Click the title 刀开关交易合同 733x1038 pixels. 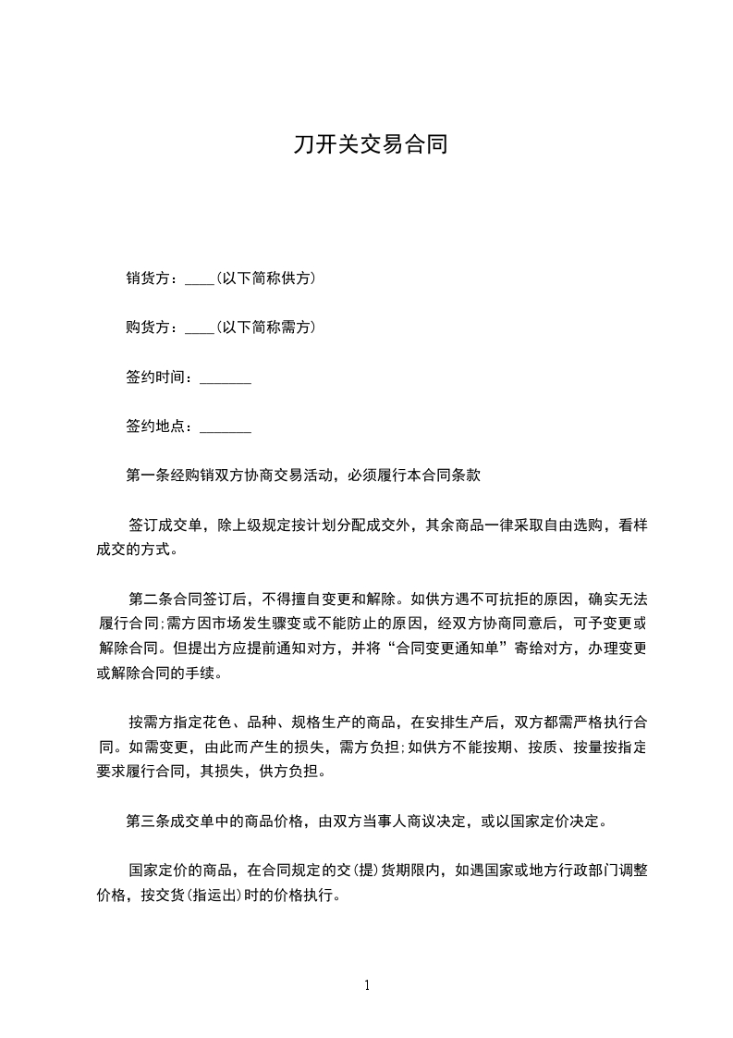click(x=370, y=145)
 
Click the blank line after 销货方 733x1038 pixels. click(x=200, y=279)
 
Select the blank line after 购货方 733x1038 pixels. click(x=200, y=328)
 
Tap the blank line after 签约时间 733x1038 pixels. click(x=226, y=378)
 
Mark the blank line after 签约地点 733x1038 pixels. click(x=226, y=428)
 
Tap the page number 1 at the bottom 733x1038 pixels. click(x=367, y=985)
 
